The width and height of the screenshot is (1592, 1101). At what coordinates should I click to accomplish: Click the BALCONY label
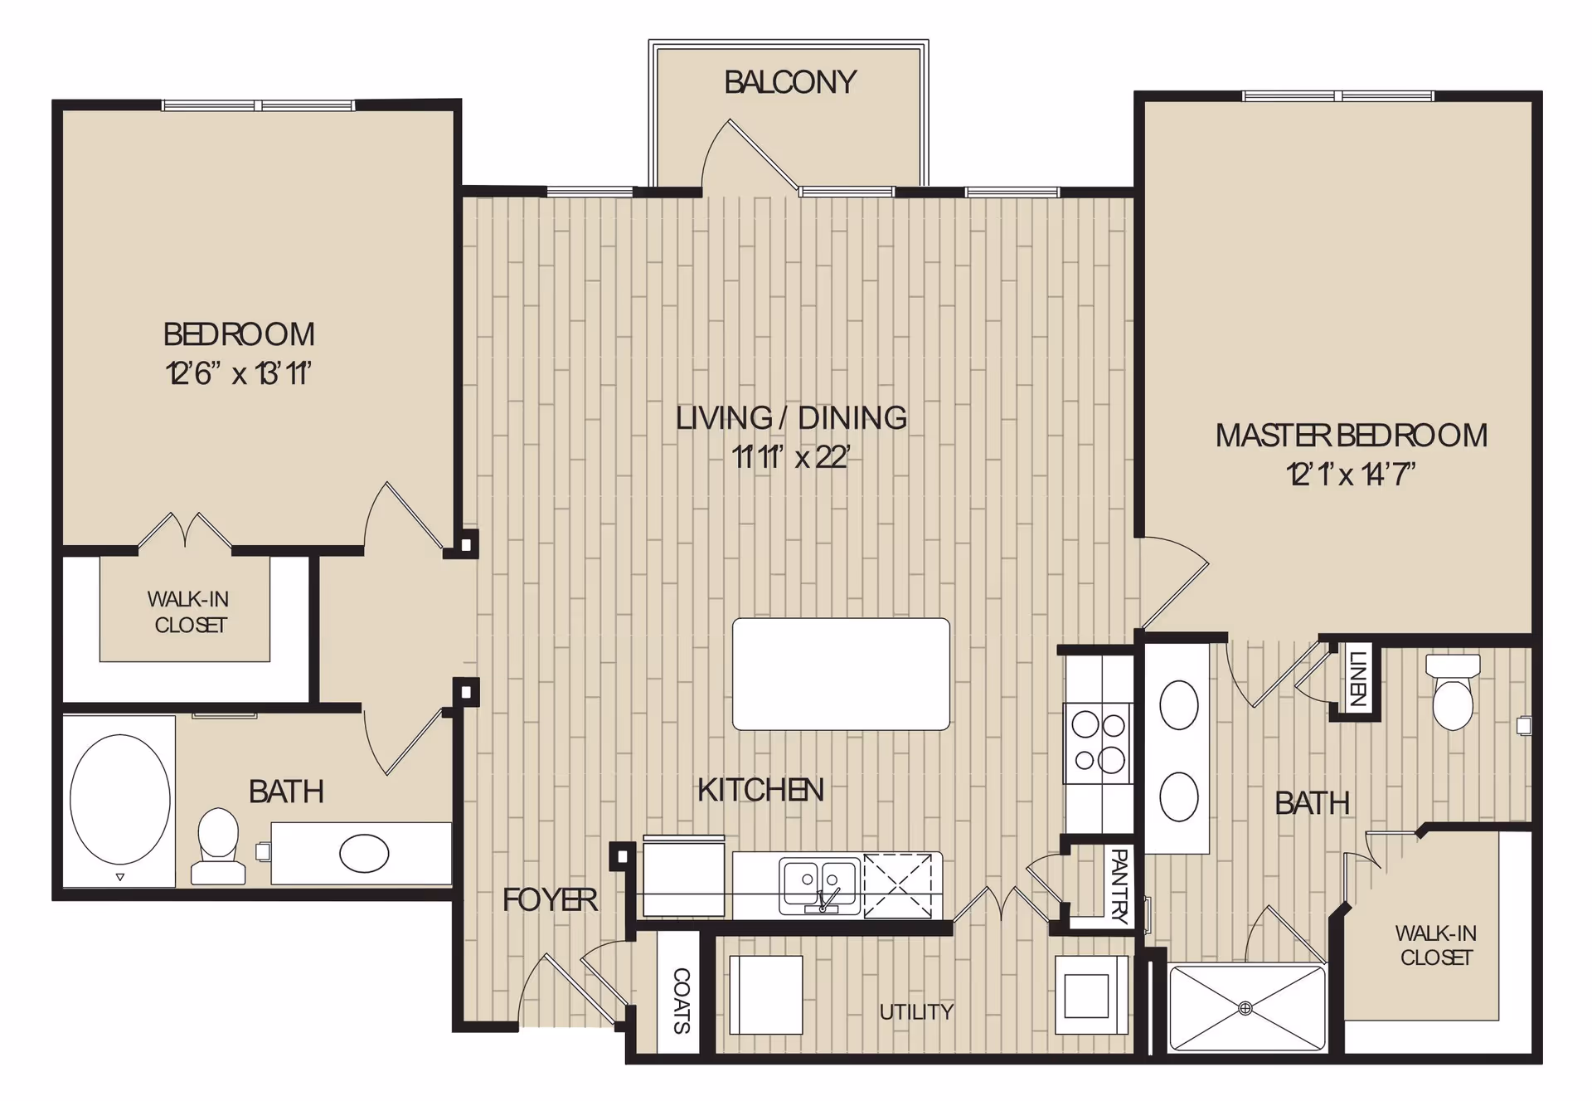tap(790, 82)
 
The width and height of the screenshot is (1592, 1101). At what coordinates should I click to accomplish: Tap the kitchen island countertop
tap(841, 674)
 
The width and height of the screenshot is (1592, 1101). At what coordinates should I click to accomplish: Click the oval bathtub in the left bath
tap(120, 800)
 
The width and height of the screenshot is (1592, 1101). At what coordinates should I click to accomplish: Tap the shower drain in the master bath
tap(1245, 1008)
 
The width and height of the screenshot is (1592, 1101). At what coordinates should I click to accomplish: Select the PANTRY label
tap(1119, 885)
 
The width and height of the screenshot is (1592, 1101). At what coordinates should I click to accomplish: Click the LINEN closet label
tap(1357, 679)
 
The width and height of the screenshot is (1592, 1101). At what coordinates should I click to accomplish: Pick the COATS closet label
tap(681, 1001)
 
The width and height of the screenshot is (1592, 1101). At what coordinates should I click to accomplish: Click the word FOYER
tap(550, 899)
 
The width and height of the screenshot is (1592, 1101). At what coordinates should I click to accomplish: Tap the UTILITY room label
tap(916, 1011)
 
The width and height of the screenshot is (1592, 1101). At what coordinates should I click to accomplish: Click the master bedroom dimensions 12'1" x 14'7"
tap(1351, 474)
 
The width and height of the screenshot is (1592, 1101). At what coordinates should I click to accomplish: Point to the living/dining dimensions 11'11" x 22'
tap(791, 456)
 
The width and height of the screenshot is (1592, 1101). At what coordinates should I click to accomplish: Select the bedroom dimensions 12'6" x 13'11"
tap(239, 373)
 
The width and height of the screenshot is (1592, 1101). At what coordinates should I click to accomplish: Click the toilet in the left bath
tap(218, 846)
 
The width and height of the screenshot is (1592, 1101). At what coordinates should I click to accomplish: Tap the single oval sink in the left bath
tap(364, 853)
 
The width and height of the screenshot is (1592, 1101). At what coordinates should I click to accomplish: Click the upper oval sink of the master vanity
tap(1178, 704)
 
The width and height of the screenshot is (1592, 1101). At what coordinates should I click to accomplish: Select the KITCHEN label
tap(760, 790)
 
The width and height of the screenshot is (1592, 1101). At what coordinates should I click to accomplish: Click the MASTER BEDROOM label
tap(1351, 436)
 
